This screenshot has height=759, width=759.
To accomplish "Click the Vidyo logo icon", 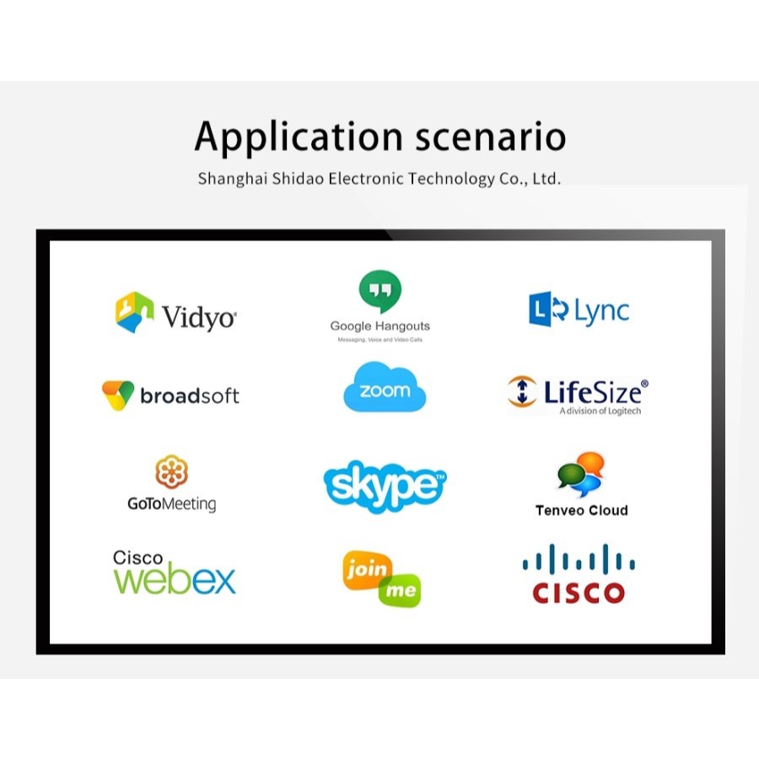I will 134,312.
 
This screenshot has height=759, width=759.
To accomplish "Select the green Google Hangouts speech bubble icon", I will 379,292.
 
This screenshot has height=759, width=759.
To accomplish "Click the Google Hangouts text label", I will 379,326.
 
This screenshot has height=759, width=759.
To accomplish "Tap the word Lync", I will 601,310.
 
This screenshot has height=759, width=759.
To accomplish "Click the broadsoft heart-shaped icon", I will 118,395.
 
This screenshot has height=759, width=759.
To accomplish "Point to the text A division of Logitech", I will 600,411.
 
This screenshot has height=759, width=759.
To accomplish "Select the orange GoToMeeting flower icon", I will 171,472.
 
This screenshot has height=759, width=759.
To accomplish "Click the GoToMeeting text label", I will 171,503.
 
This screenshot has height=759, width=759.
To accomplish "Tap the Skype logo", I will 385,486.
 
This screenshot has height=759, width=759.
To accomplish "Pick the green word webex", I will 175,580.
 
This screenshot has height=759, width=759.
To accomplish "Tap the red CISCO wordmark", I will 579,593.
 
